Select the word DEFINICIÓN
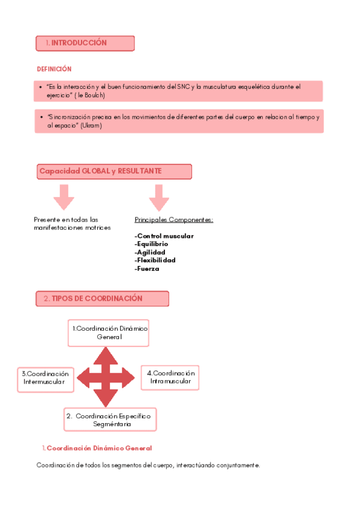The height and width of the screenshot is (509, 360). coord(54,69)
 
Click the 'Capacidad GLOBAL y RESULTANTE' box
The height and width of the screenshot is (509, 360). coord(114,172)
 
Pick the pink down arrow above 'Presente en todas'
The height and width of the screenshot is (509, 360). coord(63,196)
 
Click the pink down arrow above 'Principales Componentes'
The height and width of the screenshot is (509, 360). coord(158,196)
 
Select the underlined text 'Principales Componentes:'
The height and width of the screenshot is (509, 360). coord(174,220)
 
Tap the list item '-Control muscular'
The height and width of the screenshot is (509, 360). coord(164,236)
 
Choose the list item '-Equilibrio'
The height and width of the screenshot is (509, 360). coord(151,244)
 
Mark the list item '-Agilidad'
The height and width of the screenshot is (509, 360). coord(150,252)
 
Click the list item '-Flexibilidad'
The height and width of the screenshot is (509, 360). coord(155,261)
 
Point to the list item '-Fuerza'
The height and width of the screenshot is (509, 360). coord(147,269)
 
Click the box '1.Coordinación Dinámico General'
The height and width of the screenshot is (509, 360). coord(109,333)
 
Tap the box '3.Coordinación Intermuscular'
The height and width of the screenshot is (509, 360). coord(46,378)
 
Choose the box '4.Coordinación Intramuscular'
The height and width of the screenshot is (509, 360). coord(170,377)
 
